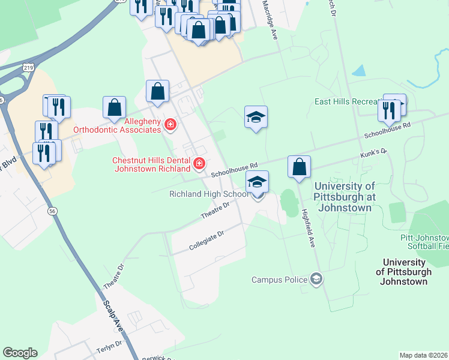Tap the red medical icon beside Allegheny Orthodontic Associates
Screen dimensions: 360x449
coord(170,124)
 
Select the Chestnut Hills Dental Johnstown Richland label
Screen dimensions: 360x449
coord(152,164)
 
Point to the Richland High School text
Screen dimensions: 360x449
coord(208,194)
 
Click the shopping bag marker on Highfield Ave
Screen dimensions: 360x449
coord(299,166)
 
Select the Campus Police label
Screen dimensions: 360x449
coord(279,280)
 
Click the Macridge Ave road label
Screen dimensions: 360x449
coord(268,20)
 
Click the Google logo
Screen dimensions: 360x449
coord(20,353)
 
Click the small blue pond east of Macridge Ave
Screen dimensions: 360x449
coord(358,71)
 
